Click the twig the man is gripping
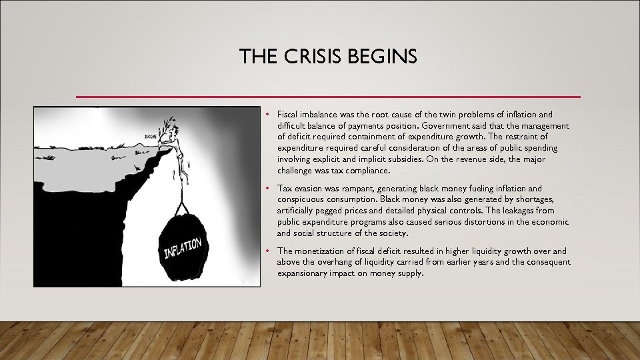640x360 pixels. coord(164,125)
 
